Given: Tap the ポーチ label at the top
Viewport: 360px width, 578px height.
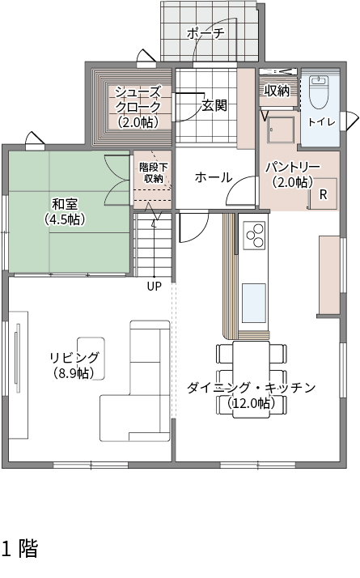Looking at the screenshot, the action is coord(205,33).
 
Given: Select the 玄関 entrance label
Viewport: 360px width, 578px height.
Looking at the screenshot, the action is coord(214,106).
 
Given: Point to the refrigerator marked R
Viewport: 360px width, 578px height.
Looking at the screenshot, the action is coord(323,194).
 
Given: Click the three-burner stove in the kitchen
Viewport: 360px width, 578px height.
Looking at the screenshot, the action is coord(254,236).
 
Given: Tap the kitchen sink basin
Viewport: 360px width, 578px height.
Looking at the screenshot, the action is coord(254,303).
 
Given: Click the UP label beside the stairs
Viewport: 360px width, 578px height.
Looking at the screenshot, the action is coord(154,287).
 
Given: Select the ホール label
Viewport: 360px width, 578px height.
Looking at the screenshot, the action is coord(214,177).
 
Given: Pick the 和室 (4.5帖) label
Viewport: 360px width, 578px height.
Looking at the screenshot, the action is coord(65,211).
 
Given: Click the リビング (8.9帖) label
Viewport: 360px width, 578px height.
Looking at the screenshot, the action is coord(74,365).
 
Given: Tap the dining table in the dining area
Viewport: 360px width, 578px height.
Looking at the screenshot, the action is coord(252,380).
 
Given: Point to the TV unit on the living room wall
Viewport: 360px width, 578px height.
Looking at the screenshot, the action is coord(18,375).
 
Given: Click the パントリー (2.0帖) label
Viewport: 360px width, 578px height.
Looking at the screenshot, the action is coord(293,174).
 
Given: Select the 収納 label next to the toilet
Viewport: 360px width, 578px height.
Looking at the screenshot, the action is coord(277,91).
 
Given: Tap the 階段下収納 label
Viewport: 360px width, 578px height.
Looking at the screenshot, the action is coord(153,173).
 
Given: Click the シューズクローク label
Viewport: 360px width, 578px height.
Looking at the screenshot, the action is coord(138,107).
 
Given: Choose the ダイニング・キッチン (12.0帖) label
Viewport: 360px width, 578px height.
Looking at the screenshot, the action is coord(251,396).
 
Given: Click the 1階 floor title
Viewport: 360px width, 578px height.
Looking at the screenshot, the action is coord(20,548).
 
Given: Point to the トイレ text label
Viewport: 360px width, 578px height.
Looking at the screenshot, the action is coord(322,121).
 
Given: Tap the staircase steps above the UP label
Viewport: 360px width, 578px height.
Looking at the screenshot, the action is coord(154,244).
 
